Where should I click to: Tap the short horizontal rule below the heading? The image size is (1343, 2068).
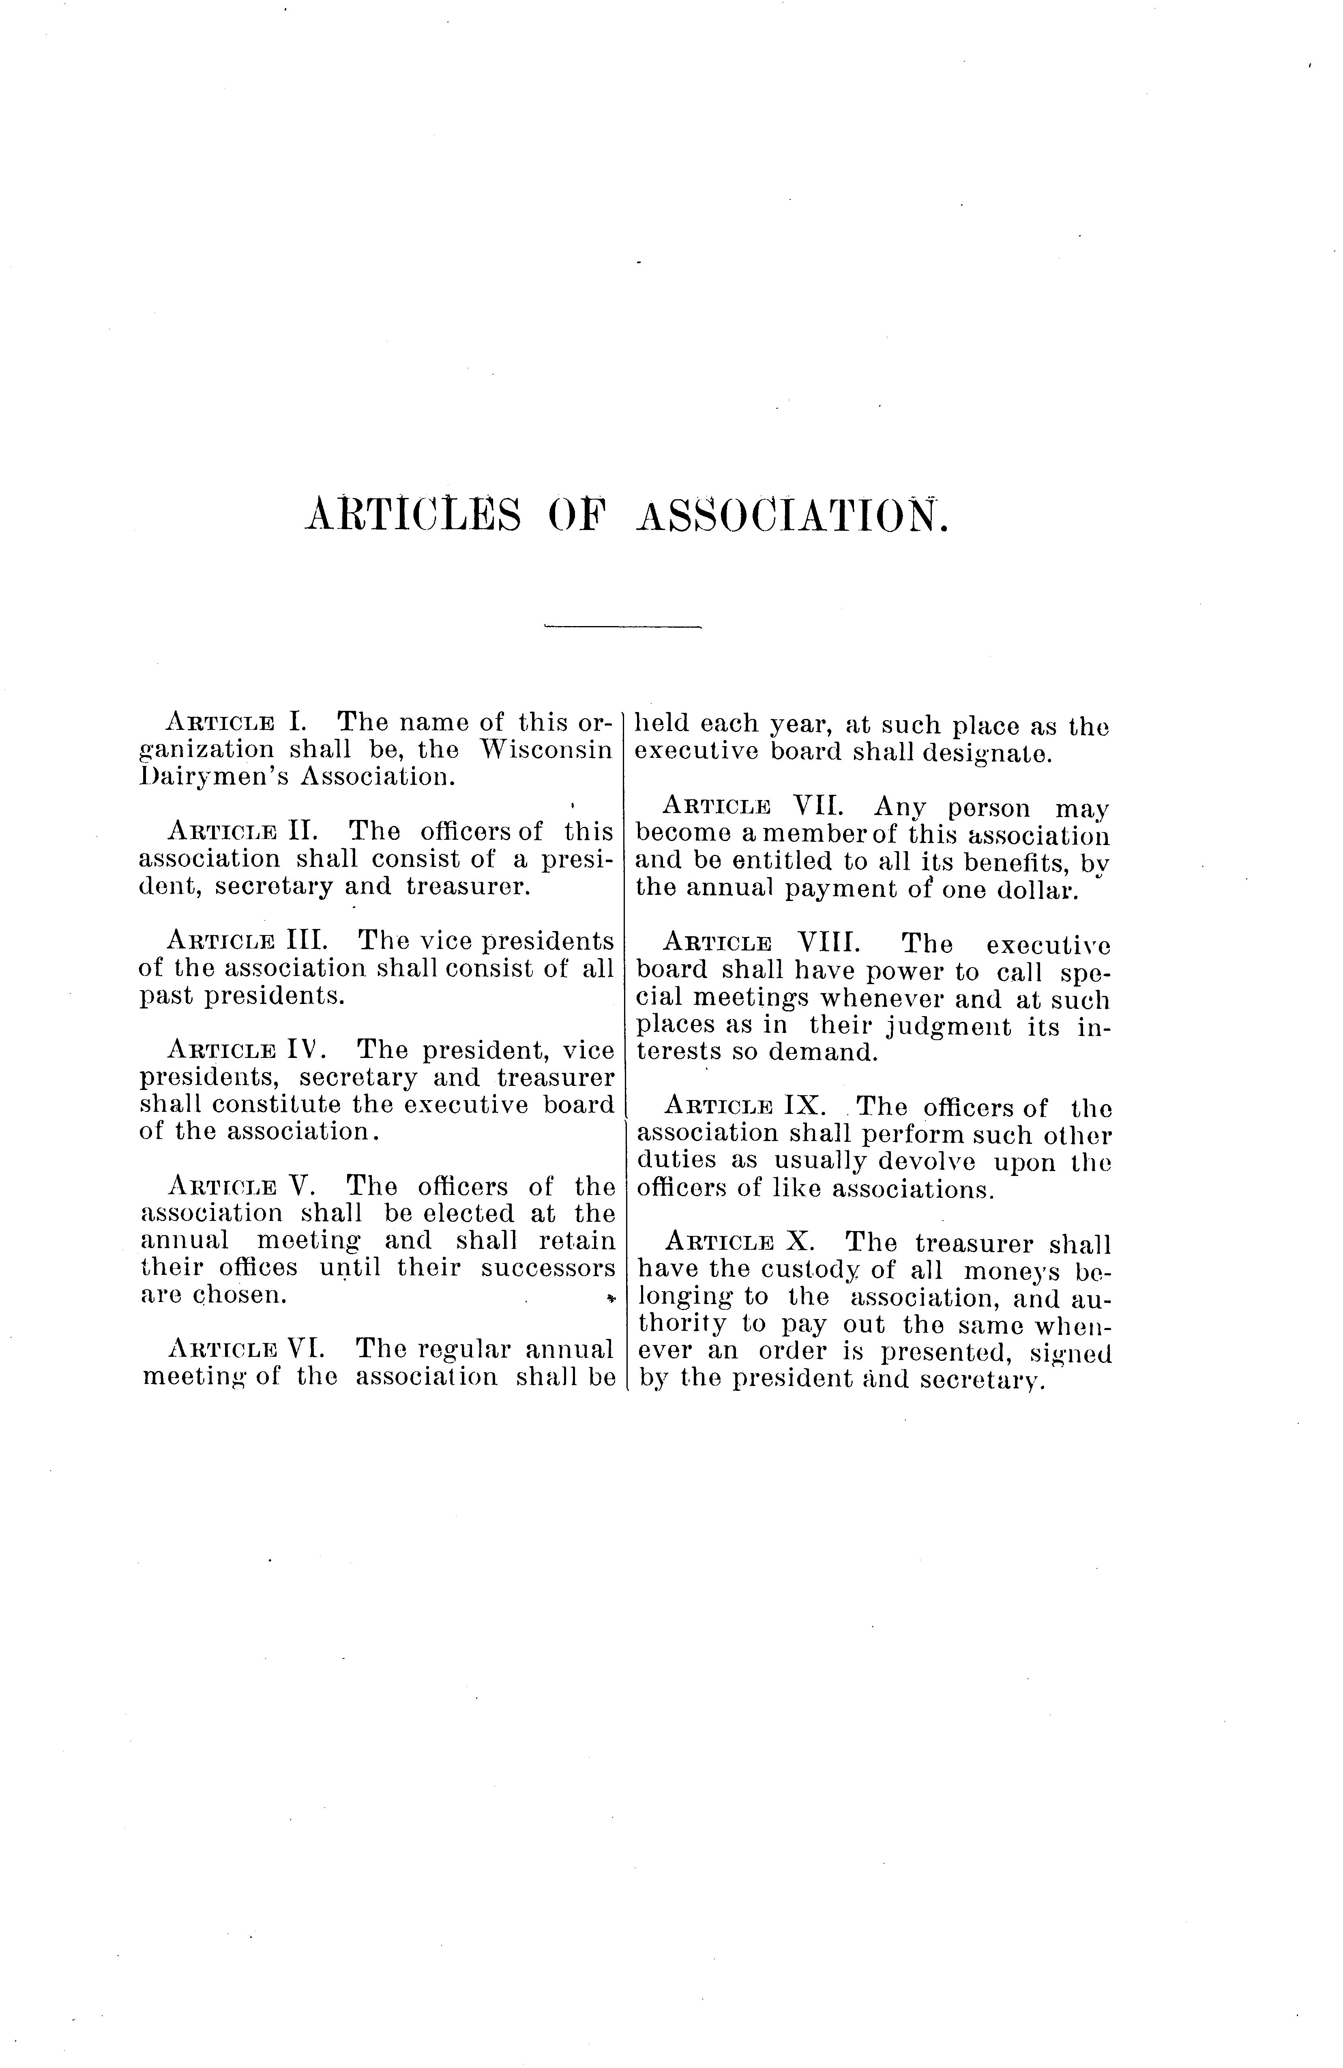(622, 626)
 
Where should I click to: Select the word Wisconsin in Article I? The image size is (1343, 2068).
(547, 749)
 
